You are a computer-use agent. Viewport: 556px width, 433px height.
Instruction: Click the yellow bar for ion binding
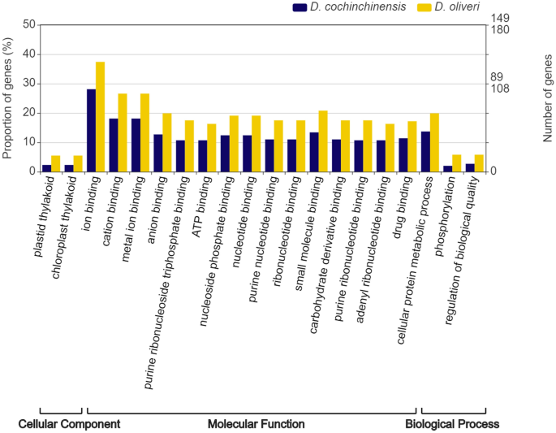[101, 116]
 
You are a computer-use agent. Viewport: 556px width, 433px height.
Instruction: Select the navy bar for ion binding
[91, 130]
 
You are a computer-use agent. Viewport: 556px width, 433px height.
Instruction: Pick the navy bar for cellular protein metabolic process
[425, 151]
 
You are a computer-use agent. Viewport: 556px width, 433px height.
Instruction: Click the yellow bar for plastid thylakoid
[56, 163]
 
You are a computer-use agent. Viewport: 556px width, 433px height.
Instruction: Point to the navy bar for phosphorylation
[448, 168]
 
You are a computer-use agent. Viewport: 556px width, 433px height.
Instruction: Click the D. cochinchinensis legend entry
[340, 7]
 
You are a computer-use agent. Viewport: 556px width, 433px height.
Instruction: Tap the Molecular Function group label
[256, 424]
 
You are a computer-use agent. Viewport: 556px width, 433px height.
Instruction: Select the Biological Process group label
[452, 424]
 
